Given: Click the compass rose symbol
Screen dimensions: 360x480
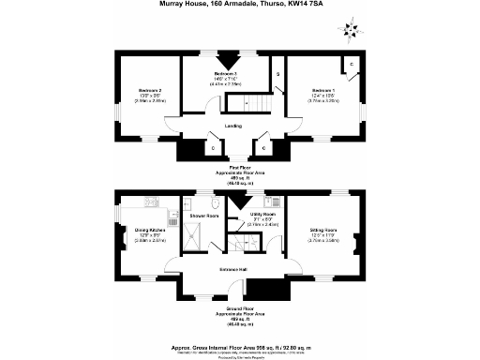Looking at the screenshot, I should click(x=349, y=28).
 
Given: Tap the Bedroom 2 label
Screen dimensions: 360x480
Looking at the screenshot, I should click(x=140, y=91).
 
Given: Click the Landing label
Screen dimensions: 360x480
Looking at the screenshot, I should click(x=234, y=124).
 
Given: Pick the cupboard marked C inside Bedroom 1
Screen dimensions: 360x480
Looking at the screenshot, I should click(x=350, y=65).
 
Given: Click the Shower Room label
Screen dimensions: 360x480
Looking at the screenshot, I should click(x=204, y=216).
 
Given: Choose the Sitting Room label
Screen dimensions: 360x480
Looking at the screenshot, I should click(x=323, y=228).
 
